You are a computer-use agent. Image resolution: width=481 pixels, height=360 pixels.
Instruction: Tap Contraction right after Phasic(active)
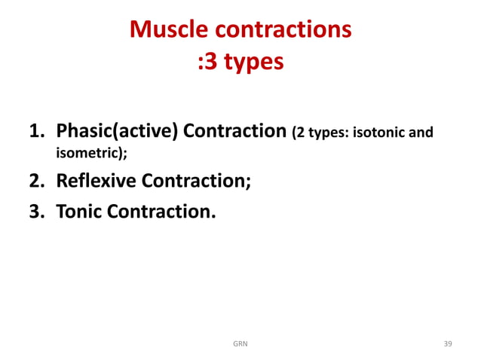(235, 133)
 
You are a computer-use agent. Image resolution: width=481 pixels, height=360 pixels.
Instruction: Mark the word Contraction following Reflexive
(201, 182)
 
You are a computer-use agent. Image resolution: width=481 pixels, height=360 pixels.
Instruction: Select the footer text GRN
(240, 344)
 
